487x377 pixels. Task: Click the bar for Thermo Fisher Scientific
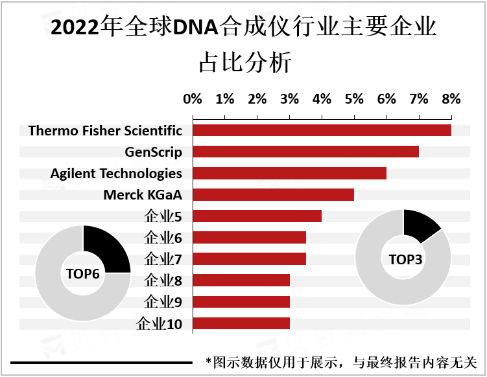pos(322,130)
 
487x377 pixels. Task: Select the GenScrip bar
pos(305,152)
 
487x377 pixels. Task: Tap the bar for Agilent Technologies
pos(289,173)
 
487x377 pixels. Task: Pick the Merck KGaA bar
pos(273,194)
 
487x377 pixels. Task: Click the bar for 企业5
pos(257,216)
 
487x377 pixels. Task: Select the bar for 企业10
pos(241,323)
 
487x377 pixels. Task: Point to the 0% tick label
pos(193,99)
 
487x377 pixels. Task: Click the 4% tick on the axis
pos(322,99)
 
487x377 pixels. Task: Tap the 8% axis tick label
pos(451,99)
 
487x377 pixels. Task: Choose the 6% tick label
pos(386,99)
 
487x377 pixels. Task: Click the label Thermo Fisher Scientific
pos(105,131)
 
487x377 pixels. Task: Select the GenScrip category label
pos(153,152)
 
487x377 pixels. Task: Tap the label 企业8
pos(163,280)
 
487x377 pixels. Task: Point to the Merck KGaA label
pos(143,195)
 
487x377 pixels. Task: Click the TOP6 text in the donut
pos(83,273)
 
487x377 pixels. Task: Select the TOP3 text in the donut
pos(404,259)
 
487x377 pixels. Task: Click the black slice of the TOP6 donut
pos(105,249)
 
